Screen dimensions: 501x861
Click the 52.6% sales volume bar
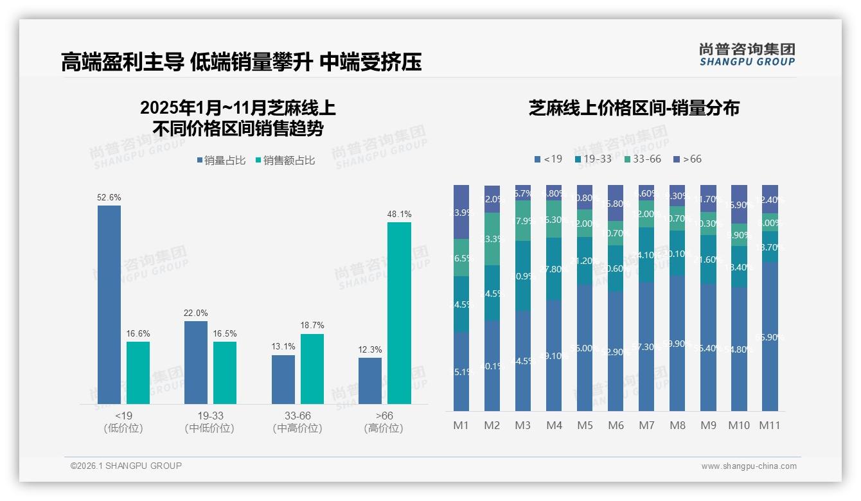(109, 305)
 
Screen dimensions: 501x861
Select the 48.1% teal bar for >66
(399, 313)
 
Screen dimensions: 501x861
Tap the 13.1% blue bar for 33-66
(283, 380)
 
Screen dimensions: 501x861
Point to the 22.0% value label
(196, 313)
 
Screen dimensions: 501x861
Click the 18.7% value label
(312, 326)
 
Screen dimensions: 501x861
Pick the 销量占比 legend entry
(221, 161)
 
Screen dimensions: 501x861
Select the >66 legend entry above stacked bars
(687, 159)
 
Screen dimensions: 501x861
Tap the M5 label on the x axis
(585, 425)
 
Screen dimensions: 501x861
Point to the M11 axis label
(769, 425)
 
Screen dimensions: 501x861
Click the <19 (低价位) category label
(123, 422)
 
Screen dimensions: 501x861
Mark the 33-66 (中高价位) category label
(297, 422)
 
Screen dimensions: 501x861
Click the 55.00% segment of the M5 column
(585, 347)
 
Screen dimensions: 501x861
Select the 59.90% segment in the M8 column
(677, 343)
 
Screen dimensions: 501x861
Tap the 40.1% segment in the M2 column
(492, 365)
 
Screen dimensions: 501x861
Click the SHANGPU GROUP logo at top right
(747, 55)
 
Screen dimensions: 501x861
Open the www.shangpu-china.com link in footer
(749, 466)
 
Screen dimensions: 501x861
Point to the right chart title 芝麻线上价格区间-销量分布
(634, 108)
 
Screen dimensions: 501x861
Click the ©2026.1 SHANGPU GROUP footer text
(126, 466)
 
